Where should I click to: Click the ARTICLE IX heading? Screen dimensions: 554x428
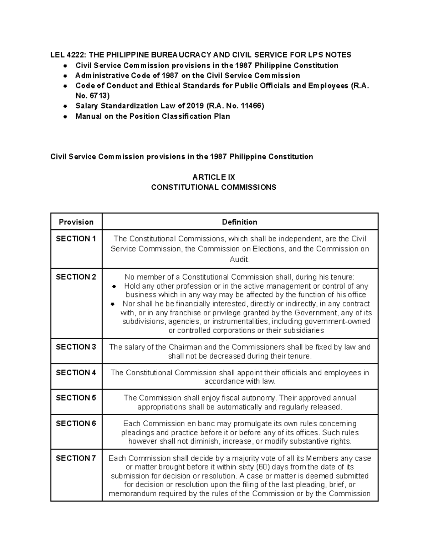point(214,177)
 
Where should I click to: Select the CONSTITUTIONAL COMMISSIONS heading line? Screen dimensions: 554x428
point(214,188)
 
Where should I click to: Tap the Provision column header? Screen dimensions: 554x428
point(76,222)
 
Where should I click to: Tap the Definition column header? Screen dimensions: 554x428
point(239,222)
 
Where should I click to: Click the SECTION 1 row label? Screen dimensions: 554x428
point(76,239)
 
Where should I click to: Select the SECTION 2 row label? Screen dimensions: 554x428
point(76,277)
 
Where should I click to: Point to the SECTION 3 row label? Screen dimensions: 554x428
point(76,347)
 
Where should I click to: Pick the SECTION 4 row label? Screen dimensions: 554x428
point(76,373)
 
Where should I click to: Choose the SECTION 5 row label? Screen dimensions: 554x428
point(76,398)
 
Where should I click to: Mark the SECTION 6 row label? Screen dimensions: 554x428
point(76,424)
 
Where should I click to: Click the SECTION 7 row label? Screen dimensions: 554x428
point(76,458)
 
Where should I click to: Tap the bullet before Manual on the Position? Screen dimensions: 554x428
point(65,117)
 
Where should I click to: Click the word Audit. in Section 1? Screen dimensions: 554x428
point(239,260)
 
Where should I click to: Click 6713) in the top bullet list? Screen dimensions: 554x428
point(100,96)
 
